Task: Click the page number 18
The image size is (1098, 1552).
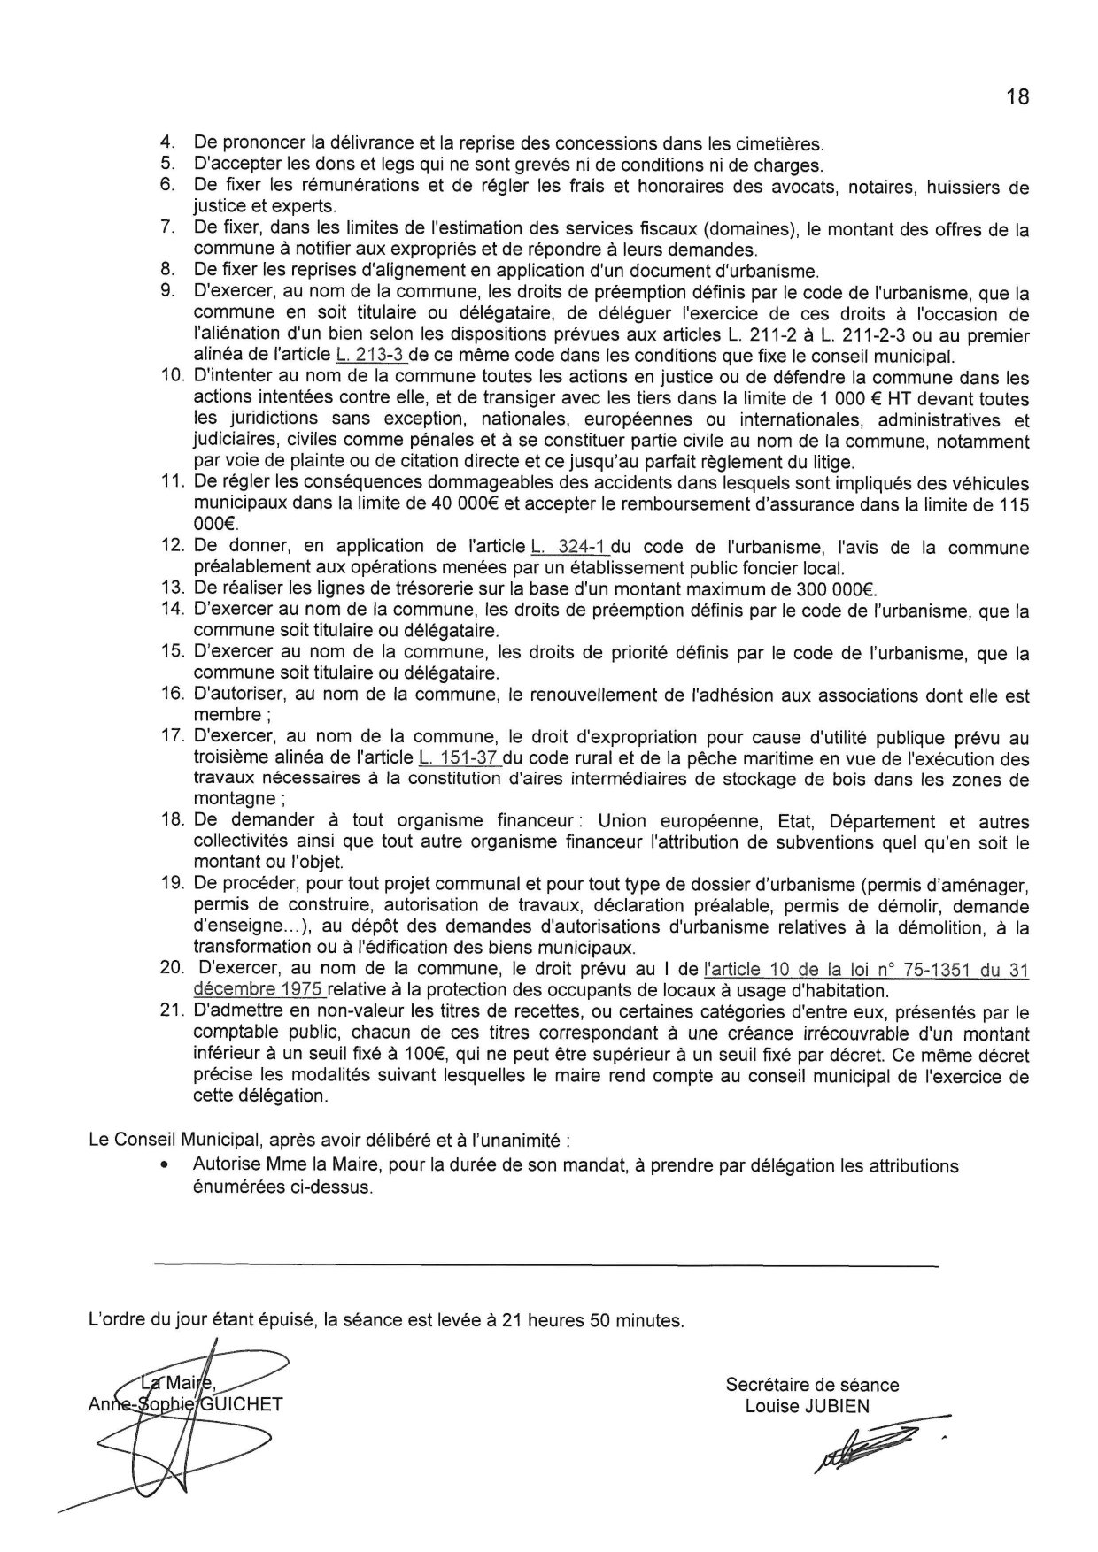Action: (x=1017, y=97)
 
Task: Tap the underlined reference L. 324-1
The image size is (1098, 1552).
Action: (x=563, y=547)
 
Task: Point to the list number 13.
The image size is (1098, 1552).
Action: (x=171, y=589)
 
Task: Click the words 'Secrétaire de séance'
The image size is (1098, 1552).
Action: (x=812, y=1385)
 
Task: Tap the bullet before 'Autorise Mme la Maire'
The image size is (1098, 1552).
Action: (x=164, y=1167)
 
